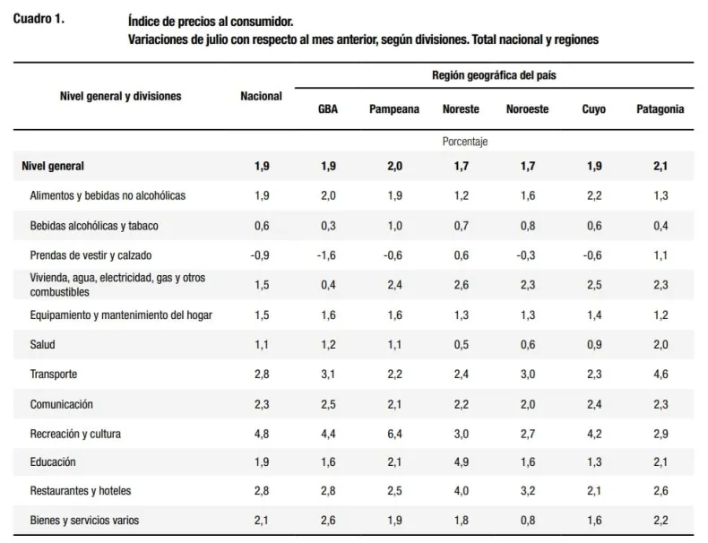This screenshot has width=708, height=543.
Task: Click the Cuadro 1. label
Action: (39, 19)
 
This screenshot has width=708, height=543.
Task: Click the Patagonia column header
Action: (661, 109)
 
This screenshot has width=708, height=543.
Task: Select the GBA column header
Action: (328, 109)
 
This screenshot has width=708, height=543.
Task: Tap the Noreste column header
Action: (461, 109)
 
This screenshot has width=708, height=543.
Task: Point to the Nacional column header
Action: (261, 96)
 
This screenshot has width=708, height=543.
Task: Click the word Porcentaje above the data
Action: (465, 142)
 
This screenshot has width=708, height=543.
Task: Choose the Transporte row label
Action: (54, 375)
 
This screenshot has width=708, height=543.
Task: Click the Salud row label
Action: (42, 345)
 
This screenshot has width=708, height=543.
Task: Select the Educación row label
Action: (53, 461)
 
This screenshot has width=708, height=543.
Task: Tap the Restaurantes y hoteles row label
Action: (81, 491)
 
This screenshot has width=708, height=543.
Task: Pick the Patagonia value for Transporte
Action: (661, 375)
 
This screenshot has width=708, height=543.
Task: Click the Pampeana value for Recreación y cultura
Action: (394, 434)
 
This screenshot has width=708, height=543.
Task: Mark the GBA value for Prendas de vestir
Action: (326, 255)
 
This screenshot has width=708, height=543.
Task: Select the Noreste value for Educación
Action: (461, 461)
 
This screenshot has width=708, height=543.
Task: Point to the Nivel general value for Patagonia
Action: (661, 166)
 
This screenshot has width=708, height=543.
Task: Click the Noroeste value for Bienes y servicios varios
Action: (527, 521)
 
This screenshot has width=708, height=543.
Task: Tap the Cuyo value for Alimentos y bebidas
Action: (594, 195)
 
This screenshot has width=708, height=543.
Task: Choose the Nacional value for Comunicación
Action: (262, 404)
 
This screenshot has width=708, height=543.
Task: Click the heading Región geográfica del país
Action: (494, 75)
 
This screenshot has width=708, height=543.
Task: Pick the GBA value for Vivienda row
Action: (328, 285)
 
